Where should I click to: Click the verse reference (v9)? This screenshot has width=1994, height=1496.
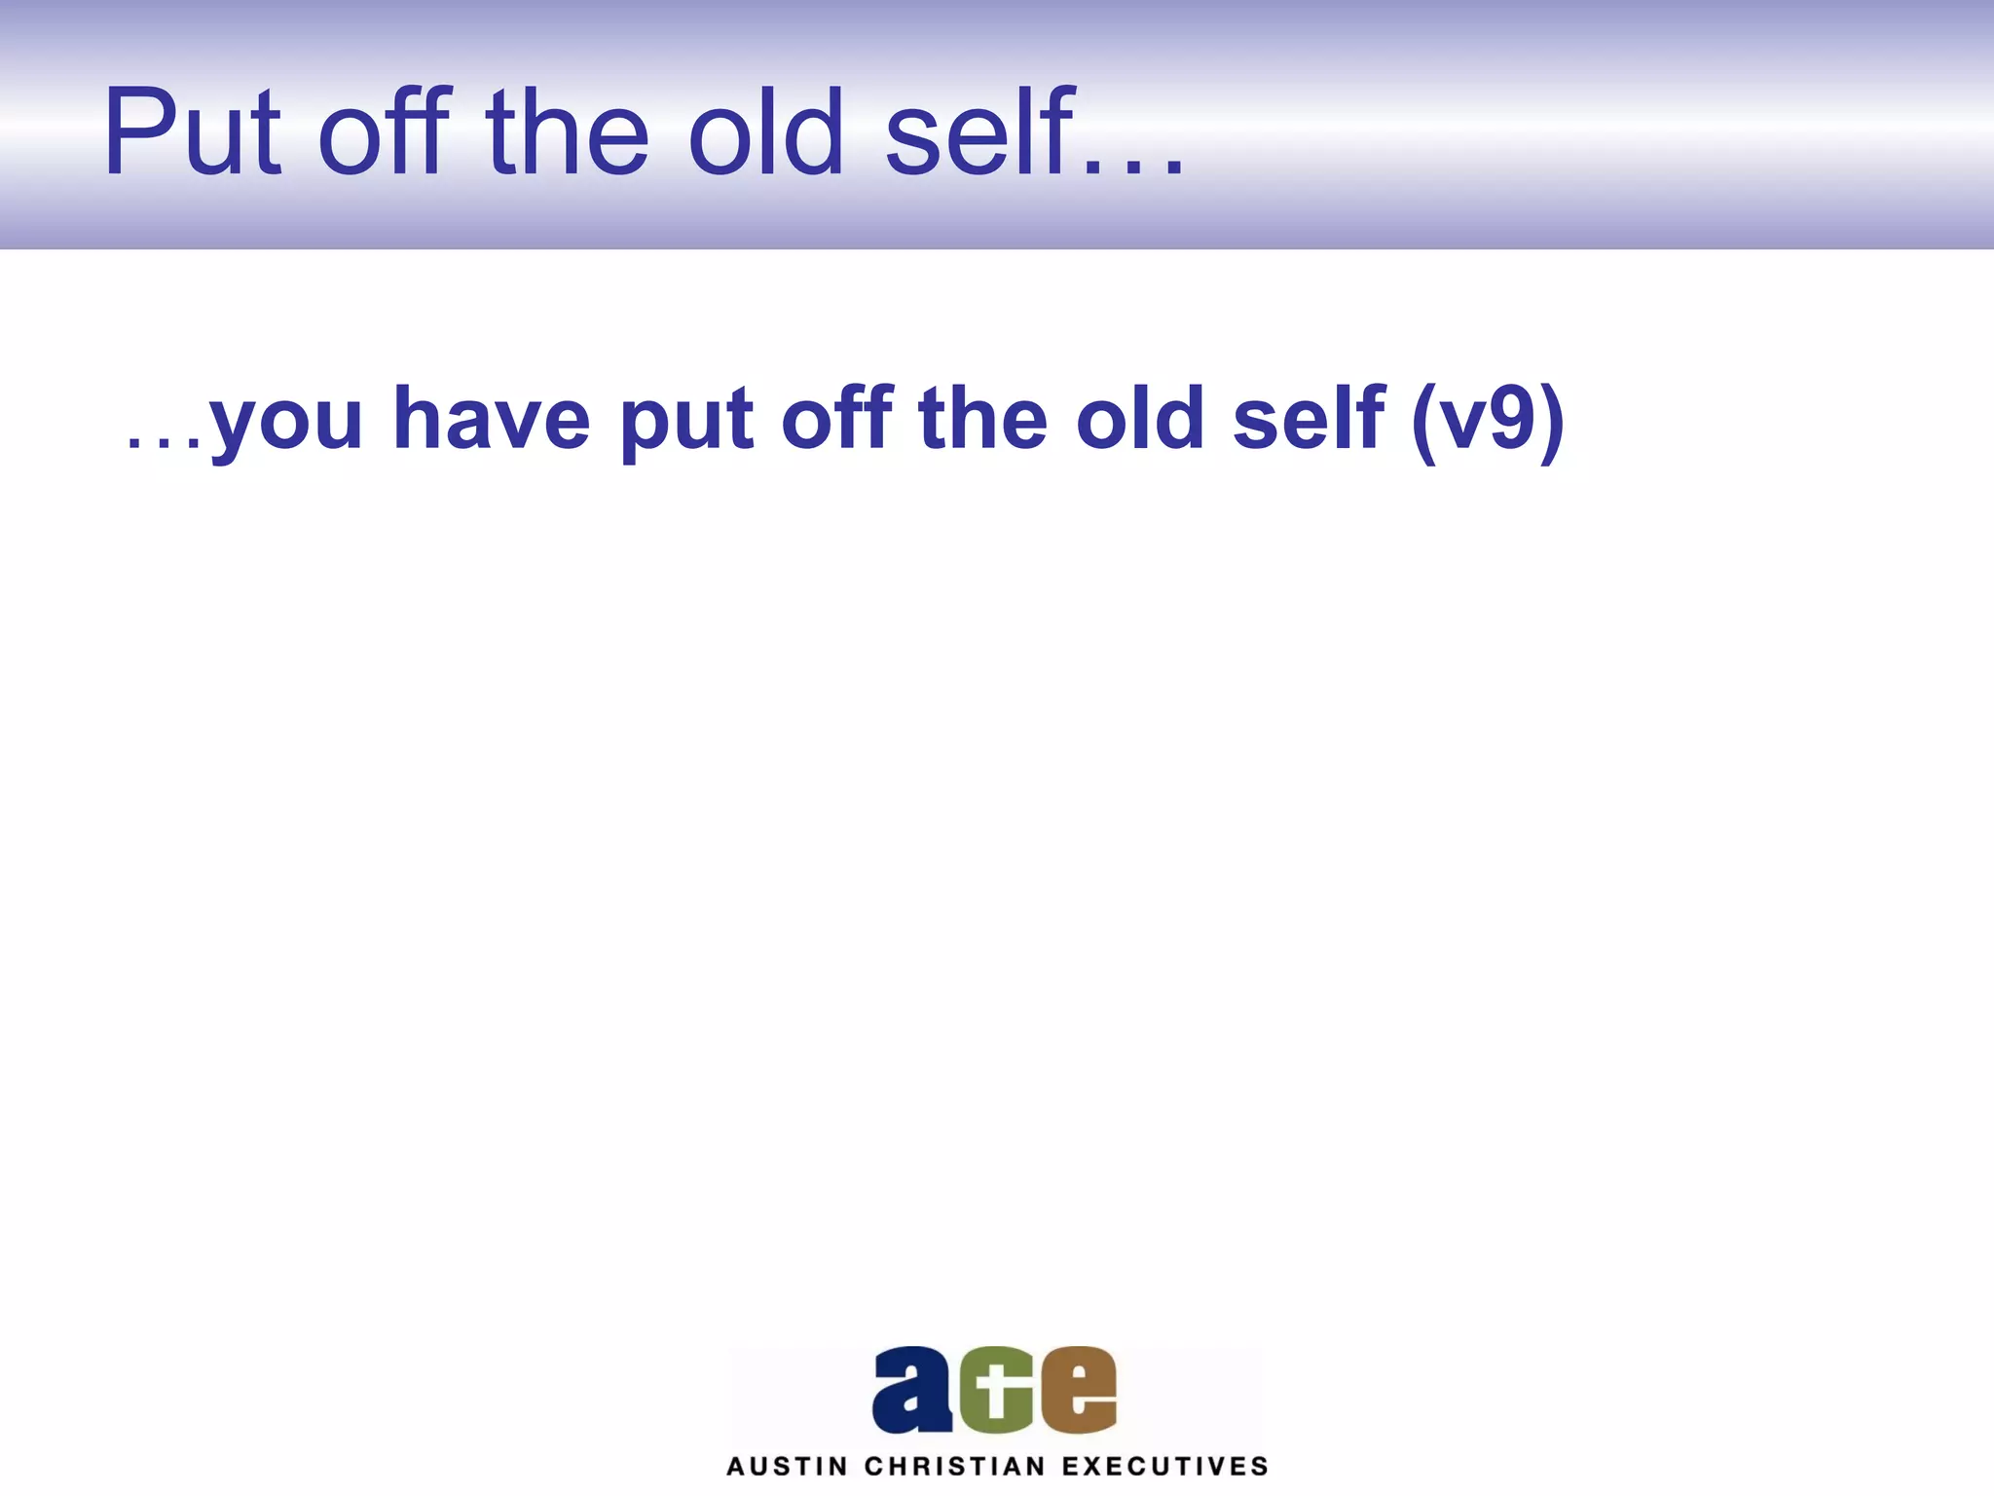pyautogui.click(x=1488, y=421)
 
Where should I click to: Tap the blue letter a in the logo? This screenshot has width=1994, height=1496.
pyautogui.click(x=912, y=1390)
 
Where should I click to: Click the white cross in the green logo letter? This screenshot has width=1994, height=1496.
pyautogui.click(x=994, y=1390)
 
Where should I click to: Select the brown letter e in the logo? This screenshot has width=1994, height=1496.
pyautogui.click(x=1079, y=1390)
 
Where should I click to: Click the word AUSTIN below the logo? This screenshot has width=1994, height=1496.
pyautogui.click(x=787, y=1467)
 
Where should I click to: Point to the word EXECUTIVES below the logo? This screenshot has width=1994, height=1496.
pyautogui.click(x=1165, y=1467)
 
